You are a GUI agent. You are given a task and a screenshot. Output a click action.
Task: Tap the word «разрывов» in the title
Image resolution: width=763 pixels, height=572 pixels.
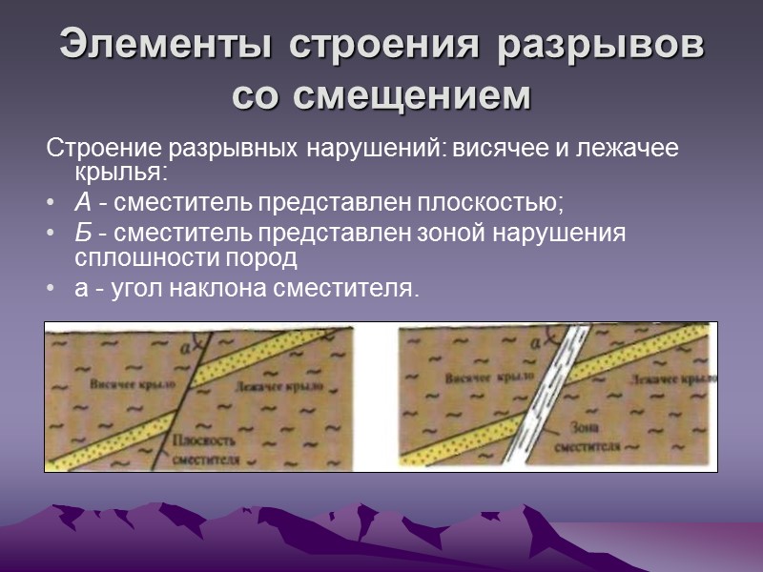[x=601, y=46]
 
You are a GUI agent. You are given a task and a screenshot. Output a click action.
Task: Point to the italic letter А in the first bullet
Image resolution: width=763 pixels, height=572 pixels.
[x=83, y=202]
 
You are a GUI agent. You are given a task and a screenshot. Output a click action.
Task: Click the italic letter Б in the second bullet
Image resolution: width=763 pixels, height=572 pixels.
[x=83, y=234]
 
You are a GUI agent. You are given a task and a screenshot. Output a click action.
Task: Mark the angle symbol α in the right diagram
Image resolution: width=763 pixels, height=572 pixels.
[x=536, y=338]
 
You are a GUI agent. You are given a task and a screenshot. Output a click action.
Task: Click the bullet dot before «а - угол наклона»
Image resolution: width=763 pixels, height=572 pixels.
[x=51, y=288]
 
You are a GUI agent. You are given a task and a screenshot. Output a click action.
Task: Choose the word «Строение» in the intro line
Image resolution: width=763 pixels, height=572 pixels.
[x=104, y=150]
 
